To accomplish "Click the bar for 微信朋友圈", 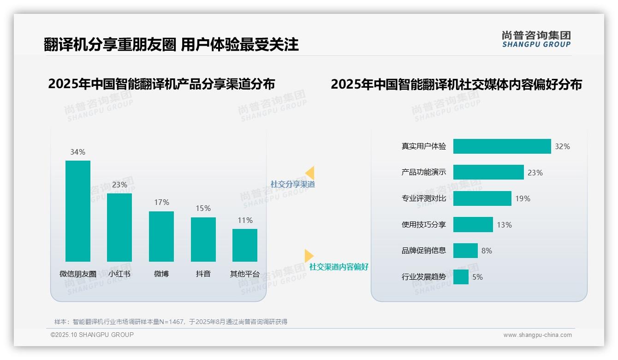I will tap(78, 211).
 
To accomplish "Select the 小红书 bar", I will tap(119, 227).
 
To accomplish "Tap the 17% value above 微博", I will tap(161, 202).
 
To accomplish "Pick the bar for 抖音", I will tap(203, 239).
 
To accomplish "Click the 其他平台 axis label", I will tap(245, 274).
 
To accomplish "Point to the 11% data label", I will tap(245, 220).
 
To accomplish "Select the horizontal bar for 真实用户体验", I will tap(502, 146).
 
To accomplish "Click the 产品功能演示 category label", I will tap(424, 172).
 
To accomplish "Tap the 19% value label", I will tap(523, 198).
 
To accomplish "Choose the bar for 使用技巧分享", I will tap(473, 225).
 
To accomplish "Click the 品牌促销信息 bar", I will tap(465, 251).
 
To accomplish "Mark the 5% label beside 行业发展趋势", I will tap(477, 277).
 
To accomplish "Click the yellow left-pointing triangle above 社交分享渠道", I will tap(310, 173).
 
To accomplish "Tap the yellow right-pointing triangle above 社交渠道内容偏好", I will tap(309, 256).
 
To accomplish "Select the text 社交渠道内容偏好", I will tap(339, 267).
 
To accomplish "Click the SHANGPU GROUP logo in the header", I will tap(536, 39).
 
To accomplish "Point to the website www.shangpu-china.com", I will tap(537, 335).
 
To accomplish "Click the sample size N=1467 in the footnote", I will tap(170, 322).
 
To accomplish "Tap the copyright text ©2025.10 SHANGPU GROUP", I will tap(92, 335).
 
